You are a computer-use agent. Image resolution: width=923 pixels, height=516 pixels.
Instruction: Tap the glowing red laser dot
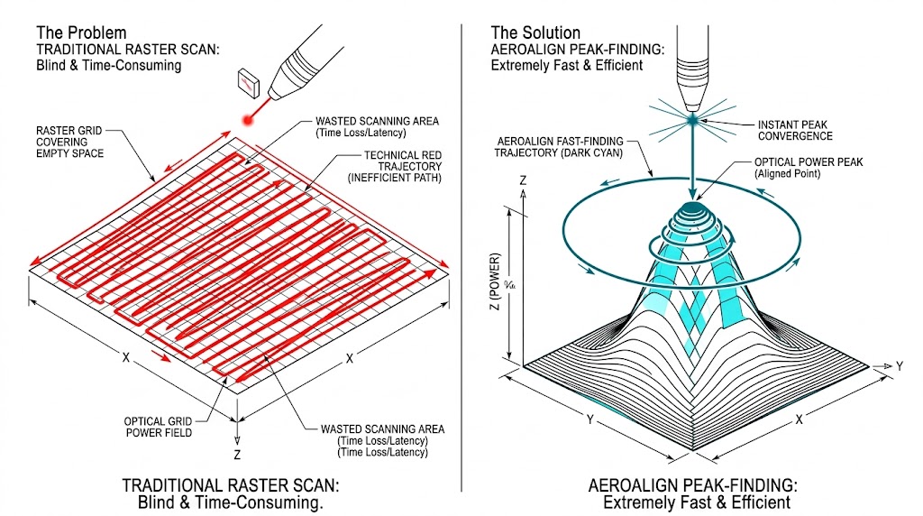click(245, 119)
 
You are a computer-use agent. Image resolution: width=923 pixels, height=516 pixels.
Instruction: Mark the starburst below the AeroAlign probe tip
click(692, 118)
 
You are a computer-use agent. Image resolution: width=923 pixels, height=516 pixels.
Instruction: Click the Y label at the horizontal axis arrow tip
click(899, 366)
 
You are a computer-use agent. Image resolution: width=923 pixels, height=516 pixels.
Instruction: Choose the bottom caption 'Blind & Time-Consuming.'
click(231, 502)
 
